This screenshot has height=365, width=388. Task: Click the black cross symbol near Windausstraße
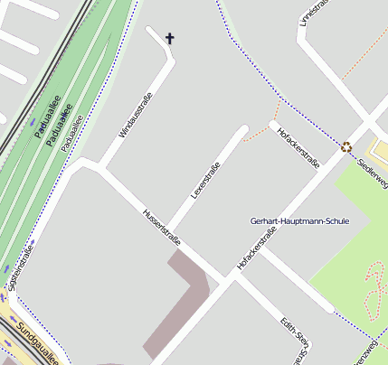point(169,38)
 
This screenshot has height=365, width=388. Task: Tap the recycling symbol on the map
point(346,146)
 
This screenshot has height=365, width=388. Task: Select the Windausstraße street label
point(136,116)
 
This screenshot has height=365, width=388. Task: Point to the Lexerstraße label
point(206,180)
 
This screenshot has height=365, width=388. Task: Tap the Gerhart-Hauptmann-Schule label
point(298,220)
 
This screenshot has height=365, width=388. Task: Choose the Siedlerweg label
point(374,170)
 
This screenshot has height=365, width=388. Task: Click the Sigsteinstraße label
point(20,267)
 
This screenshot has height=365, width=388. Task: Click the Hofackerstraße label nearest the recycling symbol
point(299,146)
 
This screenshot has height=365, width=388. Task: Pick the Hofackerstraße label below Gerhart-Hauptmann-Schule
point(256,248)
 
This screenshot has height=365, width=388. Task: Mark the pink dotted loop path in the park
point(373,289)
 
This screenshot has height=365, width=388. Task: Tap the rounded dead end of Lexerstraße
point(242,130)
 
